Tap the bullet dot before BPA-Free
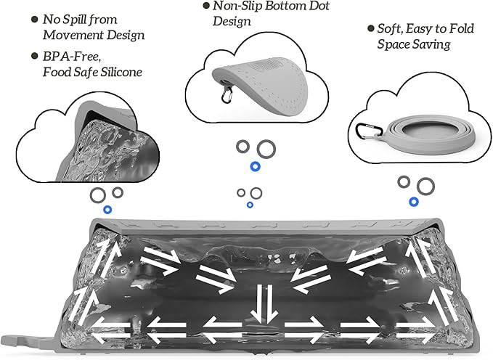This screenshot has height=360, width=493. click(33, 57)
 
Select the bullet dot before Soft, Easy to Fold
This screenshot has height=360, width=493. click(369, 29)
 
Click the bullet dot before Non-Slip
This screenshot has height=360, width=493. click(205, 7)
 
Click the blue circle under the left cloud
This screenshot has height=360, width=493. click(107, 210)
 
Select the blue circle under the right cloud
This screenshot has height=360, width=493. click(414, 201)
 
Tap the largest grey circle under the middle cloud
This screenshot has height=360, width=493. click(267, 149)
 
